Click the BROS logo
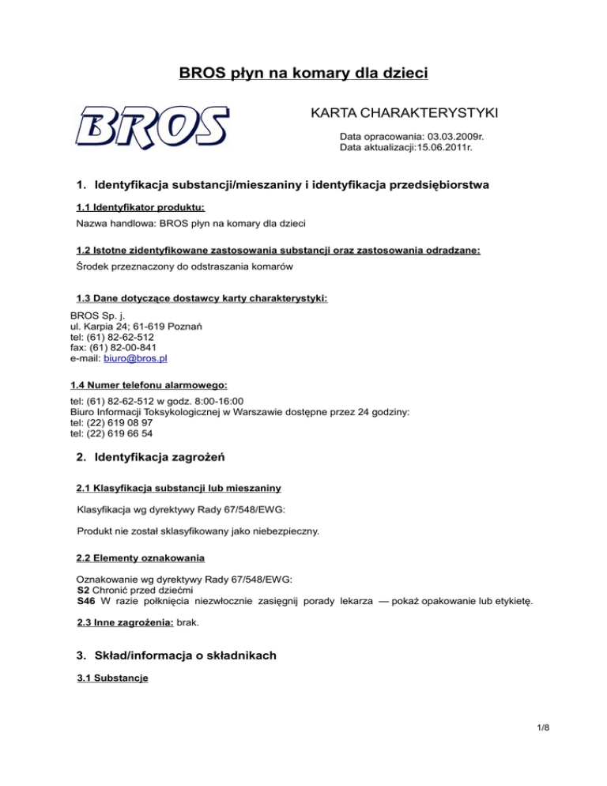tap(153, 127)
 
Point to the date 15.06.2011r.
tap(449, 147)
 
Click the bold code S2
tap(83, 590)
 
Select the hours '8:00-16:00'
tap(210, 401)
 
